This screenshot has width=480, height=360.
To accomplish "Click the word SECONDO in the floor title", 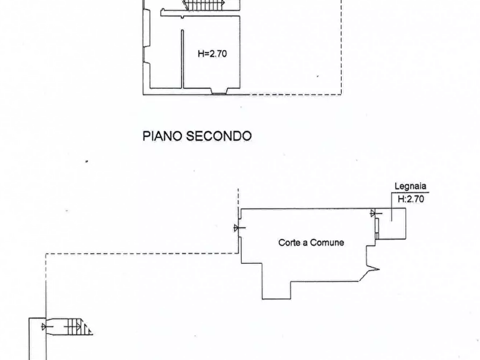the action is pos(219,136).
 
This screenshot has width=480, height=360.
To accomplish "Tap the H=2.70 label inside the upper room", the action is pos(212,54).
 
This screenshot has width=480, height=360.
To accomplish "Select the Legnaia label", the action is pos(410,186).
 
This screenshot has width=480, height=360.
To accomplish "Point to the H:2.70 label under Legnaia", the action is pos(411,199).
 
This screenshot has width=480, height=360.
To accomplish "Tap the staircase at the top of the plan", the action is pos(204,5).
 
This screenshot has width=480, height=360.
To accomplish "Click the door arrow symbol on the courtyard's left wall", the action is pos(239,228).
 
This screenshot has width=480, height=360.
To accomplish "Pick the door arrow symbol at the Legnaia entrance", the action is pos(376,213).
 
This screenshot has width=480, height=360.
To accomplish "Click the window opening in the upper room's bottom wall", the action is pos(219,91).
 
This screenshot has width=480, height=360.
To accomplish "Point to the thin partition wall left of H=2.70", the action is pos(182,59).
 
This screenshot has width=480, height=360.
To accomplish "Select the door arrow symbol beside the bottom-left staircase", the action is pos(45,327).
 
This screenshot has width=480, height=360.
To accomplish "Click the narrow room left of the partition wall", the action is pos(166,58).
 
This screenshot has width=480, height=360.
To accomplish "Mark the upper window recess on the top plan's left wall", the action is pos(147,28).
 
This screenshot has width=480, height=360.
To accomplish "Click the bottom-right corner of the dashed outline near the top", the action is pos(342,94).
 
